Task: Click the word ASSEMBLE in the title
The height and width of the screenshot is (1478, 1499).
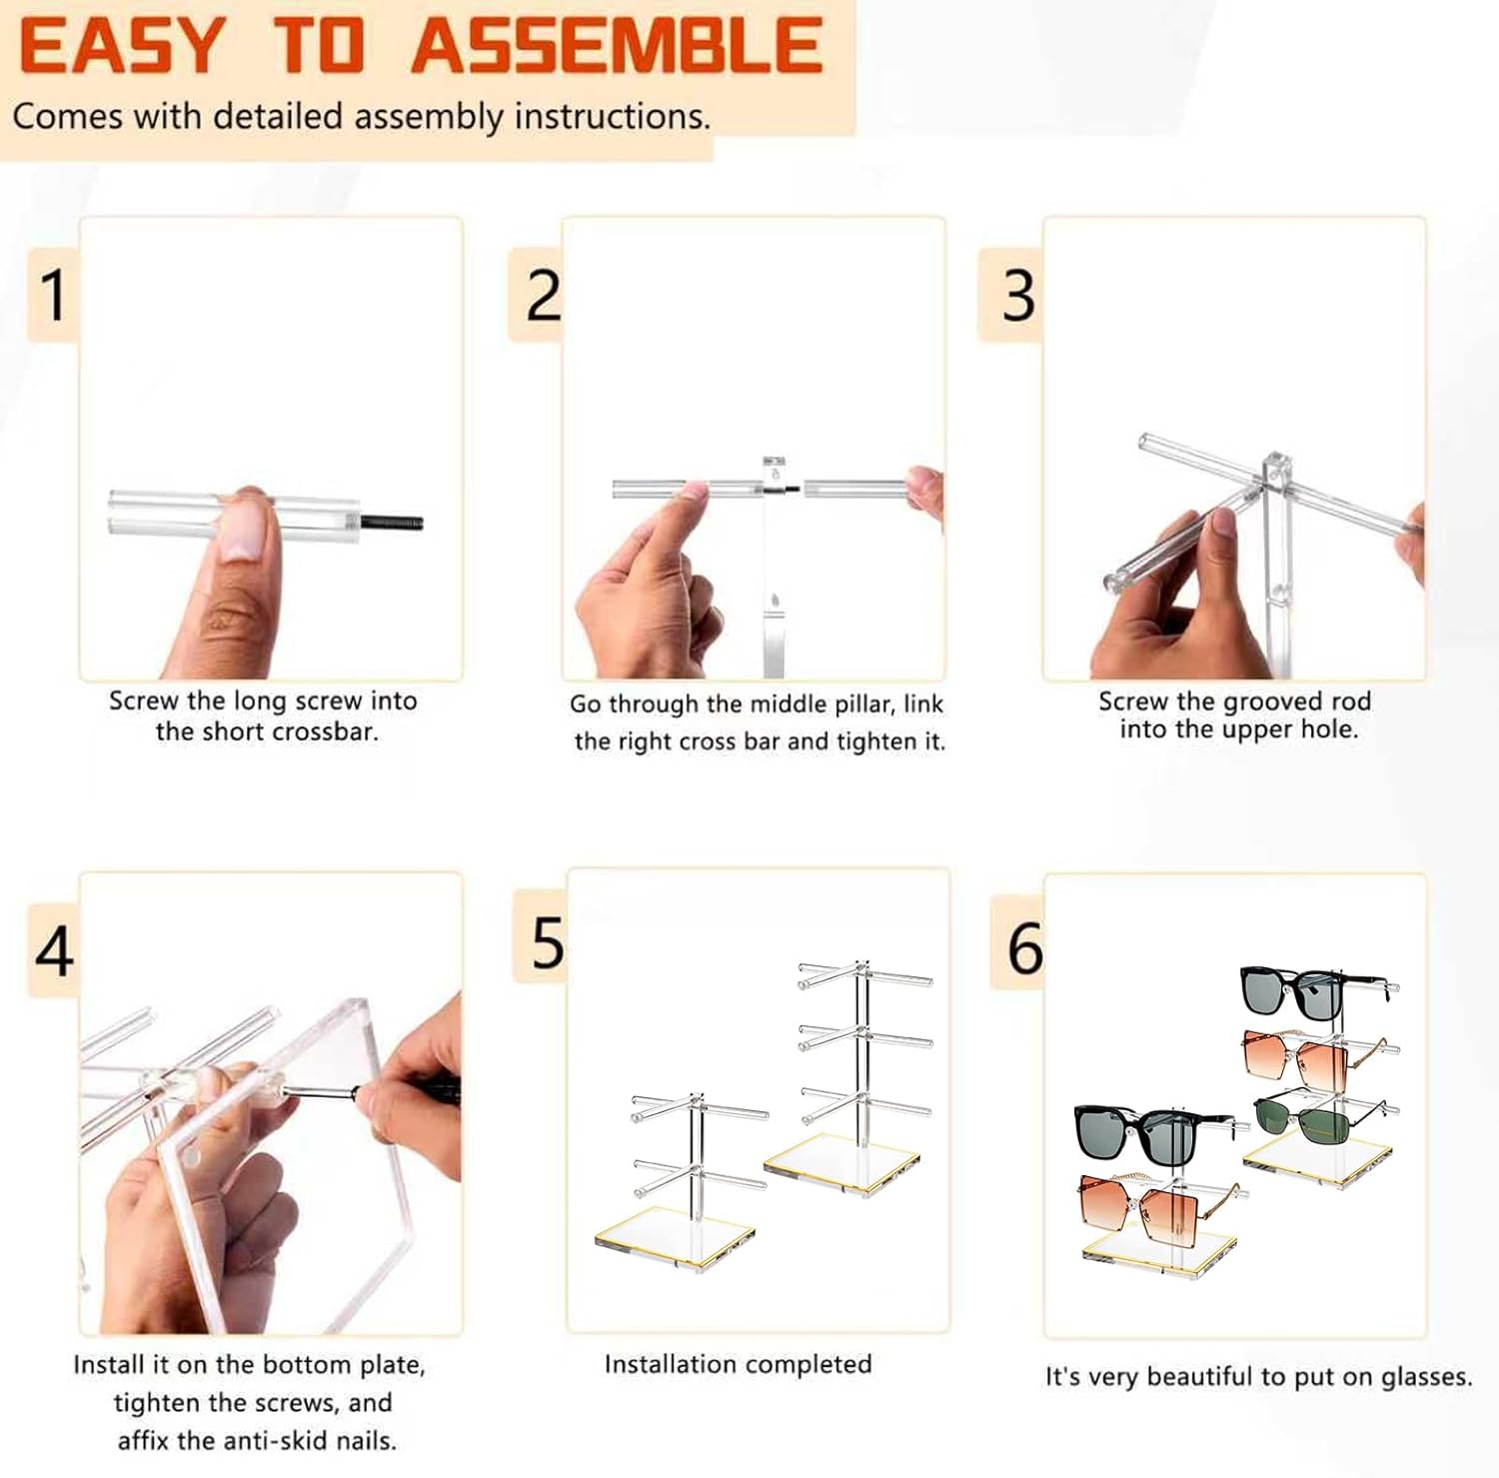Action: (617, 46)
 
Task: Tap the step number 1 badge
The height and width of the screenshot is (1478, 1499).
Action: (53, 295)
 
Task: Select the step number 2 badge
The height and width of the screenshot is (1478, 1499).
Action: (537, 295)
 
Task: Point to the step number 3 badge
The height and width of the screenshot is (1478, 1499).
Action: (1012, 295)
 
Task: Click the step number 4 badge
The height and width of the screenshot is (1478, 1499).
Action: (54, 950)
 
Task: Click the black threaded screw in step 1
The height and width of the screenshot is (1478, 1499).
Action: (391, 521)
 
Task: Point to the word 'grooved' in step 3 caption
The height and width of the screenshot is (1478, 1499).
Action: (1269, 702)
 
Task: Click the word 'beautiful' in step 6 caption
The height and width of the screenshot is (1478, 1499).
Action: (1198, 1377)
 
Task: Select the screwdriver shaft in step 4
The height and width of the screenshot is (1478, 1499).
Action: (325, 1094)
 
